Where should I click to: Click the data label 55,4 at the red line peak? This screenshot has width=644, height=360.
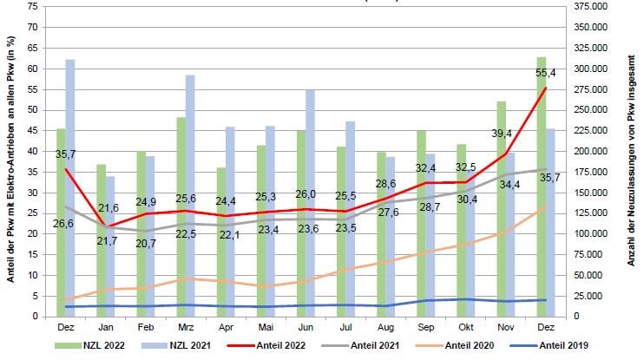coord(547,73)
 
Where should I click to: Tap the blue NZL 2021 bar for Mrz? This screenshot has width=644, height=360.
coord(190,195)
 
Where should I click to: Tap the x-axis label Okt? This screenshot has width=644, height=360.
coord(466,328)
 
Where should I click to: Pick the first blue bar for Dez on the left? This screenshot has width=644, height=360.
coord(70,187)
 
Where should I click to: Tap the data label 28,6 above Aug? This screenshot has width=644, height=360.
coord(385,185)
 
